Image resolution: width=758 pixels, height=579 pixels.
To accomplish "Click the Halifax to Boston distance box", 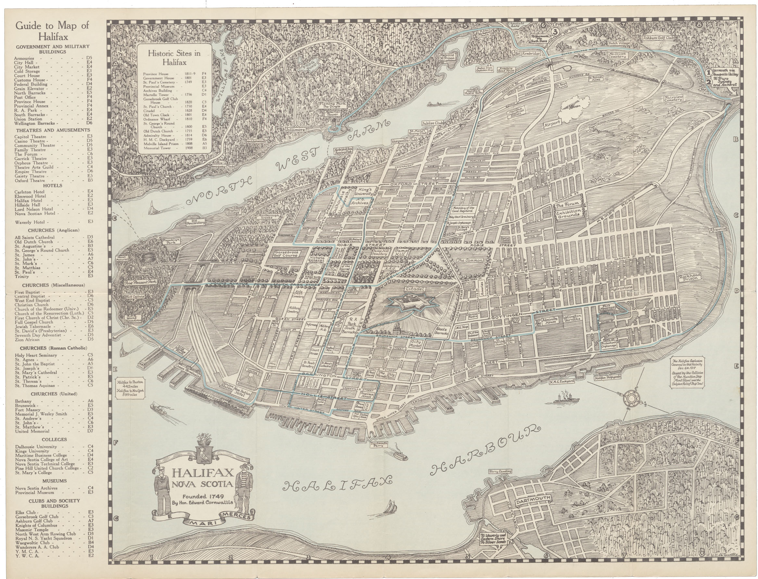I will (131, 388).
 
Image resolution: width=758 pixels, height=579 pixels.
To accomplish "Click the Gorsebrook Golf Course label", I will (286, 254).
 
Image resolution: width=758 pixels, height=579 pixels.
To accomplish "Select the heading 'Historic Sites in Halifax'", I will (174, 58).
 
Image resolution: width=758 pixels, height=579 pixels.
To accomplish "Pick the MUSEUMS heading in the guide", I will (55, 481).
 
